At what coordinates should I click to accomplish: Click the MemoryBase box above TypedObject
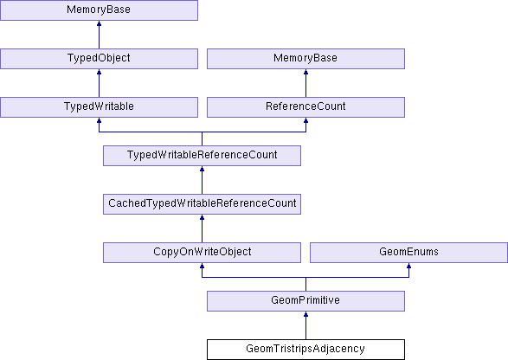(x=99, y=10)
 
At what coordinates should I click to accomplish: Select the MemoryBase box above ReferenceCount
(x=305, y=59)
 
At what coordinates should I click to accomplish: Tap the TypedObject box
(x=99, y=59)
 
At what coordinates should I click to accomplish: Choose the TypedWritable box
(x=99, y=107)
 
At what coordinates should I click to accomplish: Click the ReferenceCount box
(x=305, y=107)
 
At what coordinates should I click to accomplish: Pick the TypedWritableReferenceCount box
(x=202, y=156)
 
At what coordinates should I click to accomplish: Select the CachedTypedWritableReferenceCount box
(x=202, y=204)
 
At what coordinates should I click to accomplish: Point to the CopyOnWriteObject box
(x=202, y=253)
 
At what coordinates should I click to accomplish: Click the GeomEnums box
(x=408, y=253)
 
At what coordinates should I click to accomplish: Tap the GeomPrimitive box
(x=305, y=301)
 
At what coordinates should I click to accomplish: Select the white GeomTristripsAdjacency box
(x=305, y=350)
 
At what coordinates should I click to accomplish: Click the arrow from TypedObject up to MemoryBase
(x=99, y=35)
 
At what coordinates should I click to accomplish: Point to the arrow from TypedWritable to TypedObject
(x=99, y=83)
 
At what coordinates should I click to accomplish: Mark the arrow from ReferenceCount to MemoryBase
(x=305, y=83)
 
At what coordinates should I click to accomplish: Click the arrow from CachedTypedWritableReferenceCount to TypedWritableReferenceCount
(x=202, y=180)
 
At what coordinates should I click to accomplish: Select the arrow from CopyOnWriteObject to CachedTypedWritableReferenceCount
(x=202, y=228)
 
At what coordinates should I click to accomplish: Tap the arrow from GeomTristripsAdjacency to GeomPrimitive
(x=305, y=325)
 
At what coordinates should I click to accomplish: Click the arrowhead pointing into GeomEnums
(x=408, y=266)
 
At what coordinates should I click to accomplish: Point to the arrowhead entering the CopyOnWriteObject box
(x=202, y=266)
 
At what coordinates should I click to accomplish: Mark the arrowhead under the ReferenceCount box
(x=305, y=120)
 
